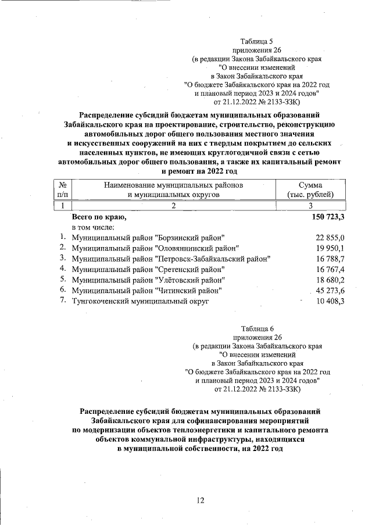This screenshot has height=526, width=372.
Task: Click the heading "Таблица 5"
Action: coord(256,41)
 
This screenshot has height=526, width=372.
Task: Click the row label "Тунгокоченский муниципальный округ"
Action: coord(139,301)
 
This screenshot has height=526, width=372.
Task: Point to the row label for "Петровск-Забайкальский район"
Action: coord(171,259)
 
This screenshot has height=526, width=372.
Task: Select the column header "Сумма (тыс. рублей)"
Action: coord(310,189)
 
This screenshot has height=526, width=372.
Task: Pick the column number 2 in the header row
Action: coord(173,206)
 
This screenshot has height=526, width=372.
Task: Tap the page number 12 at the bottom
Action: coord(201,500)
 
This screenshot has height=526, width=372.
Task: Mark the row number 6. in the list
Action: coord(63,289)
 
